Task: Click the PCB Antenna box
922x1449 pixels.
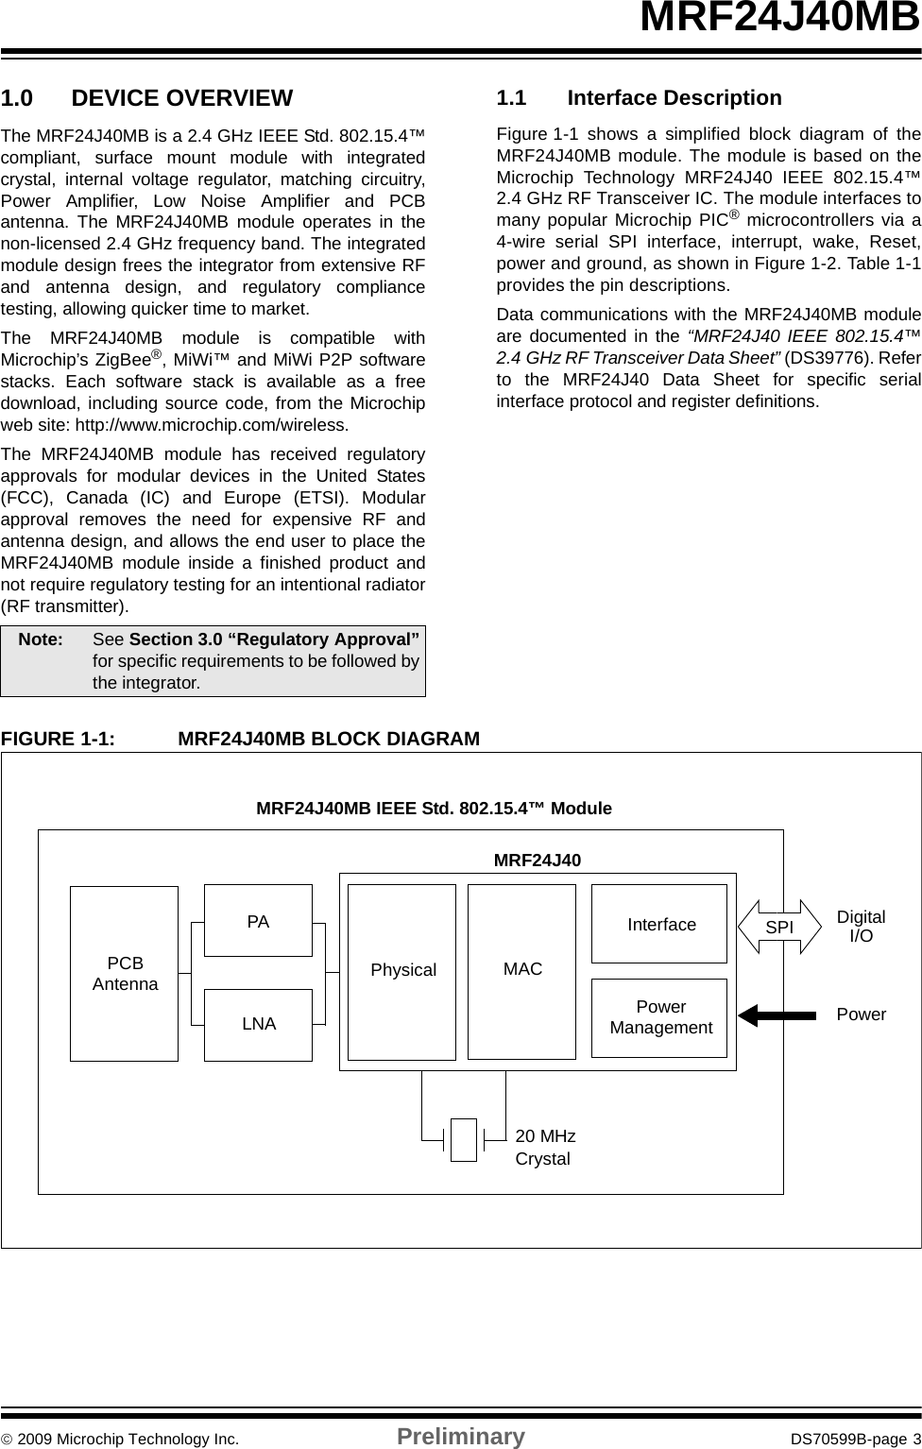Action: click(x=125, y=973)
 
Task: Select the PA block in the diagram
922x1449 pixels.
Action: click(x=258, y=921)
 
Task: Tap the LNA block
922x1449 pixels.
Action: click(x=259, y=1024)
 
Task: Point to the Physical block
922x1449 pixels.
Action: click(x=402, y=971)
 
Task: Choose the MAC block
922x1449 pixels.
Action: click(x=522, y=971)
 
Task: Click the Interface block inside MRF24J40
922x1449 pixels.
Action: click(x=660, y=925)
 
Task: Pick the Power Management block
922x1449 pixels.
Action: click(x=660, y=1017)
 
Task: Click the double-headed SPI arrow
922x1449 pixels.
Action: click(x=779, y=928)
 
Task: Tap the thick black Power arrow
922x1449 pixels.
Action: click(x=777, y=1015)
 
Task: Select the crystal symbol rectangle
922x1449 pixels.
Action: click(x=464, y=1139)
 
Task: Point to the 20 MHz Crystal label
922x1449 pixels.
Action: click(x=545, y=1147)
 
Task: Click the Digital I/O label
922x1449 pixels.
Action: click(x=861, y=927)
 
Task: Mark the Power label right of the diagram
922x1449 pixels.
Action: click(x=861, y=1014)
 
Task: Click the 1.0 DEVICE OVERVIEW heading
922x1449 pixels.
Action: click(x=147, y=98)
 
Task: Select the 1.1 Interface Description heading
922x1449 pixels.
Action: click(x=640, y=98)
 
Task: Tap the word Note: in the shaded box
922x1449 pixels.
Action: click(x=42, y=639)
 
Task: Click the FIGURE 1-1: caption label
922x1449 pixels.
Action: click(x=59, y=738)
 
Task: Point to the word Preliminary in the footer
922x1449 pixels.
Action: click(x=460, y=1437)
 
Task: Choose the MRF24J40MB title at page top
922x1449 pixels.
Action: click(x=778, y=19)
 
